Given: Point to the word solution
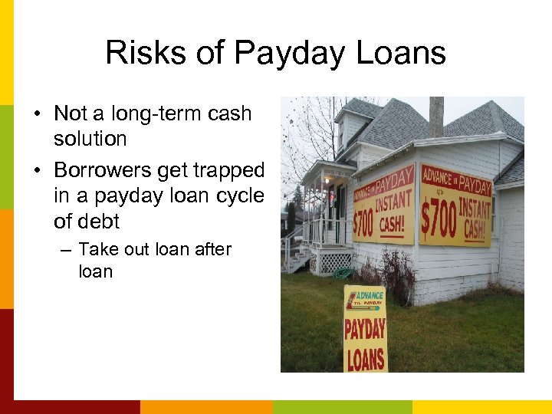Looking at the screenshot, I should [90, 139].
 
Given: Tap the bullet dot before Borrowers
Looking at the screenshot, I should [37, 170].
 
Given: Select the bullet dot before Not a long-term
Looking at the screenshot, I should [37, 113].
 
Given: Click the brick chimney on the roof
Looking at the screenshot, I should [436, 116].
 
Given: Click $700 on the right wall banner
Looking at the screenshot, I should [439, 219].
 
